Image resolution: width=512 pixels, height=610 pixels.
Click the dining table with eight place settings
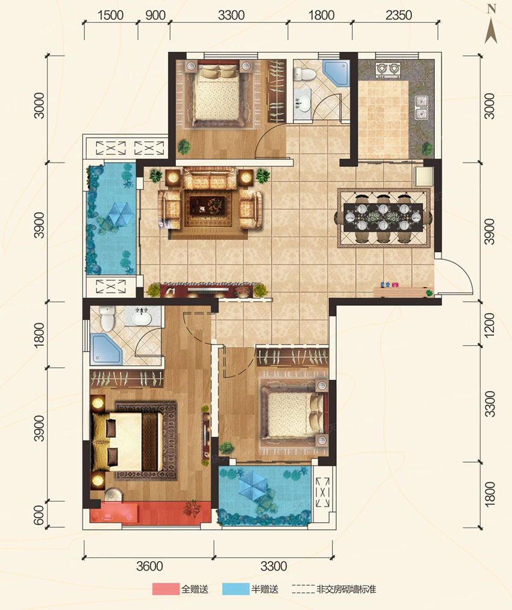coord(384,218)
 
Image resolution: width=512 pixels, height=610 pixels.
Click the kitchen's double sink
coord(422,109)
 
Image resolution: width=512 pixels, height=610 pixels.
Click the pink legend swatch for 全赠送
coord(166,590)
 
